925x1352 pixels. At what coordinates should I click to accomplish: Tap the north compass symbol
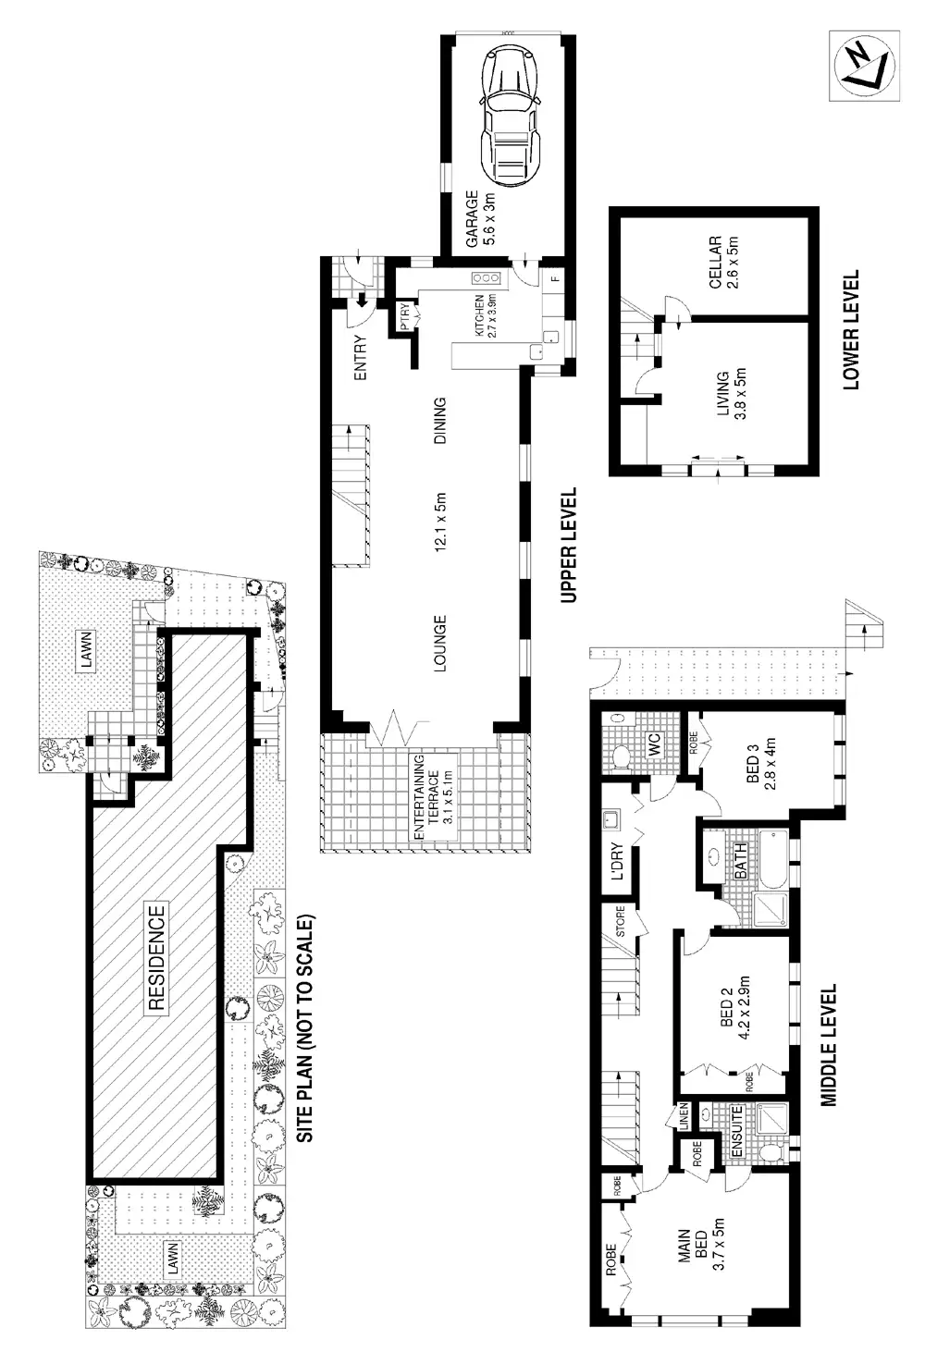coord(865,65)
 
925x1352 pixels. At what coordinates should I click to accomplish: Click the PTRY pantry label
coord(404,315)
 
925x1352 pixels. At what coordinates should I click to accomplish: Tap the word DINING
coord(440,422)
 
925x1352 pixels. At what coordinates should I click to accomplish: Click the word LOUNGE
coord(440,644)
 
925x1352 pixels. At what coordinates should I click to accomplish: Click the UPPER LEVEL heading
coord(569,546)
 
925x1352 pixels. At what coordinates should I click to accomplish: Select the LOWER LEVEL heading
coord(851,329)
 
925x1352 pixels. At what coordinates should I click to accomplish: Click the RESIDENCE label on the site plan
coord(156,957)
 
